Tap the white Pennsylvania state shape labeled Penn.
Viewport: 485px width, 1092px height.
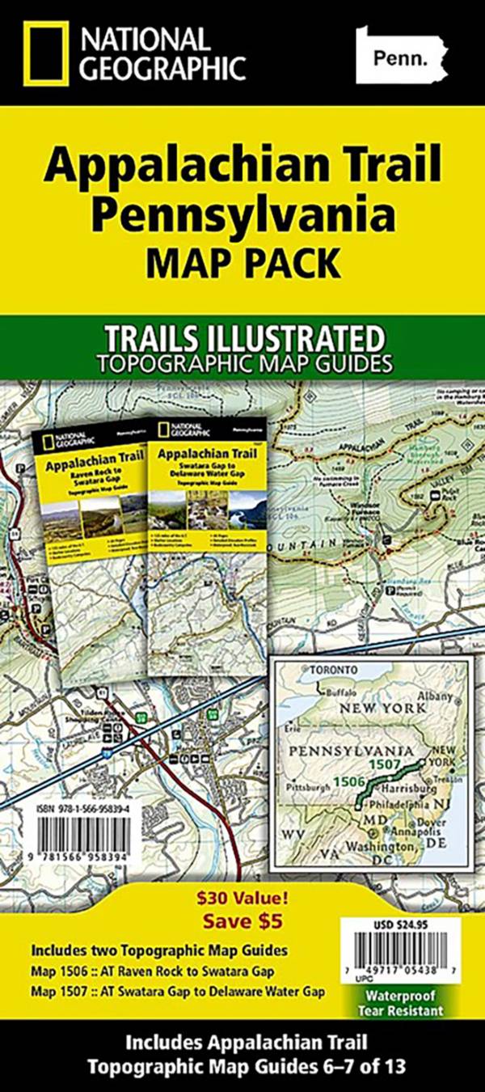(400, 55)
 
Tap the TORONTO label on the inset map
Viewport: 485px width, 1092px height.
(328, 671)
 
